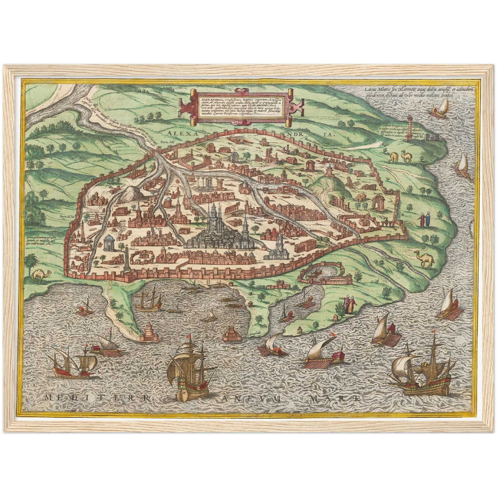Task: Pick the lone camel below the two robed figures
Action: coord(425,259)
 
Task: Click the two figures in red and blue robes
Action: coord(424,219)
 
